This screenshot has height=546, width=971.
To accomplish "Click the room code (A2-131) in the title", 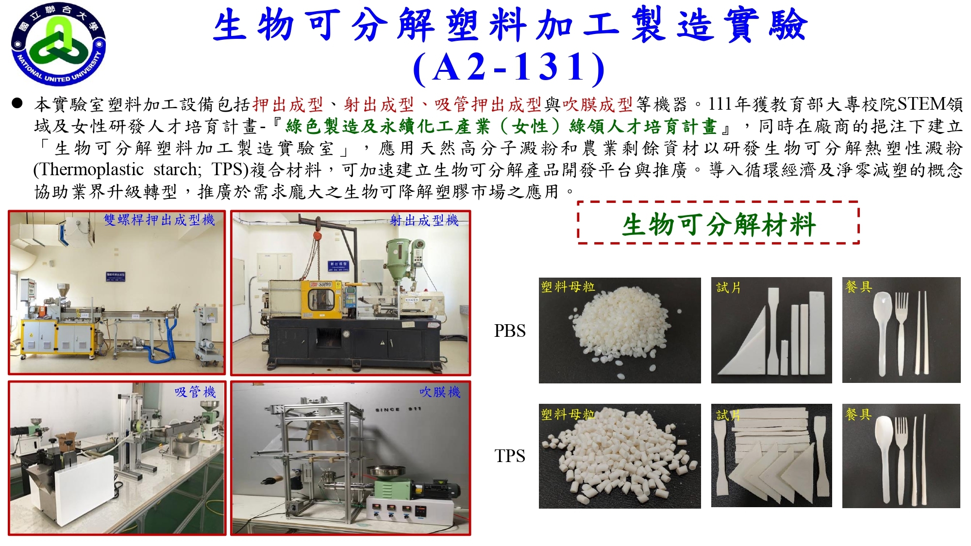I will pos(509,67).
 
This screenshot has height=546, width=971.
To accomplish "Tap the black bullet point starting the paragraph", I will pos(17,103).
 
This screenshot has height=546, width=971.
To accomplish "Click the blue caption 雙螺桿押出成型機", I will pos(159,220).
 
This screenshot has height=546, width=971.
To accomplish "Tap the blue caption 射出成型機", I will pos(424,221).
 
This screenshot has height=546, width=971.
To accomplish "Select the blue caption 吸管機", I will pos(195,392).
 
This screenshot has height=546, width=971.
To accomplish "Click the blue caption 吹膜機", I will pos(440,392).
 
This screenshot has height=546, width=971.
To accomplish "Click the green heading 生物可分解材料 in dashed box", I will pos(719,225).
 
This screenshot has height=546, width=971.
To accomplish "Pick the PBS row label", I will pos(510,331).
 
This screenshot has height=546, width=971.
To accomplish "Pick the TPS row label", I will pos(510,456).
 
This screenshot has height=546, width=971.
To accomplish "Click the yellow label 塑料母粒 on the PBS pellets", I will pos(568,287).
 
